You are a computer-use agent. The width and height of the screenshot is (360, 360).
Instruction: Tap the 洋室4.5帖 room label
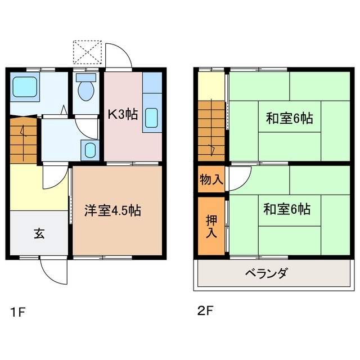click(112, 211)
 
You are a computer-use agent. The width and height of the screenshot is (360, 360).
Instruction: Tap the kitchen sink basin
click(152, 118)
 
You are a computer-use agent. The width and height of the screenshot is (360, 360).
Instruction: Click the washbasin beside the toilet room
click(89, 150)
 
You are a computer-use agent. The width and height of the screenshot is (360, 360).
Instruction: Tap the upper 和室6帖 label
click(289, 119)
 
